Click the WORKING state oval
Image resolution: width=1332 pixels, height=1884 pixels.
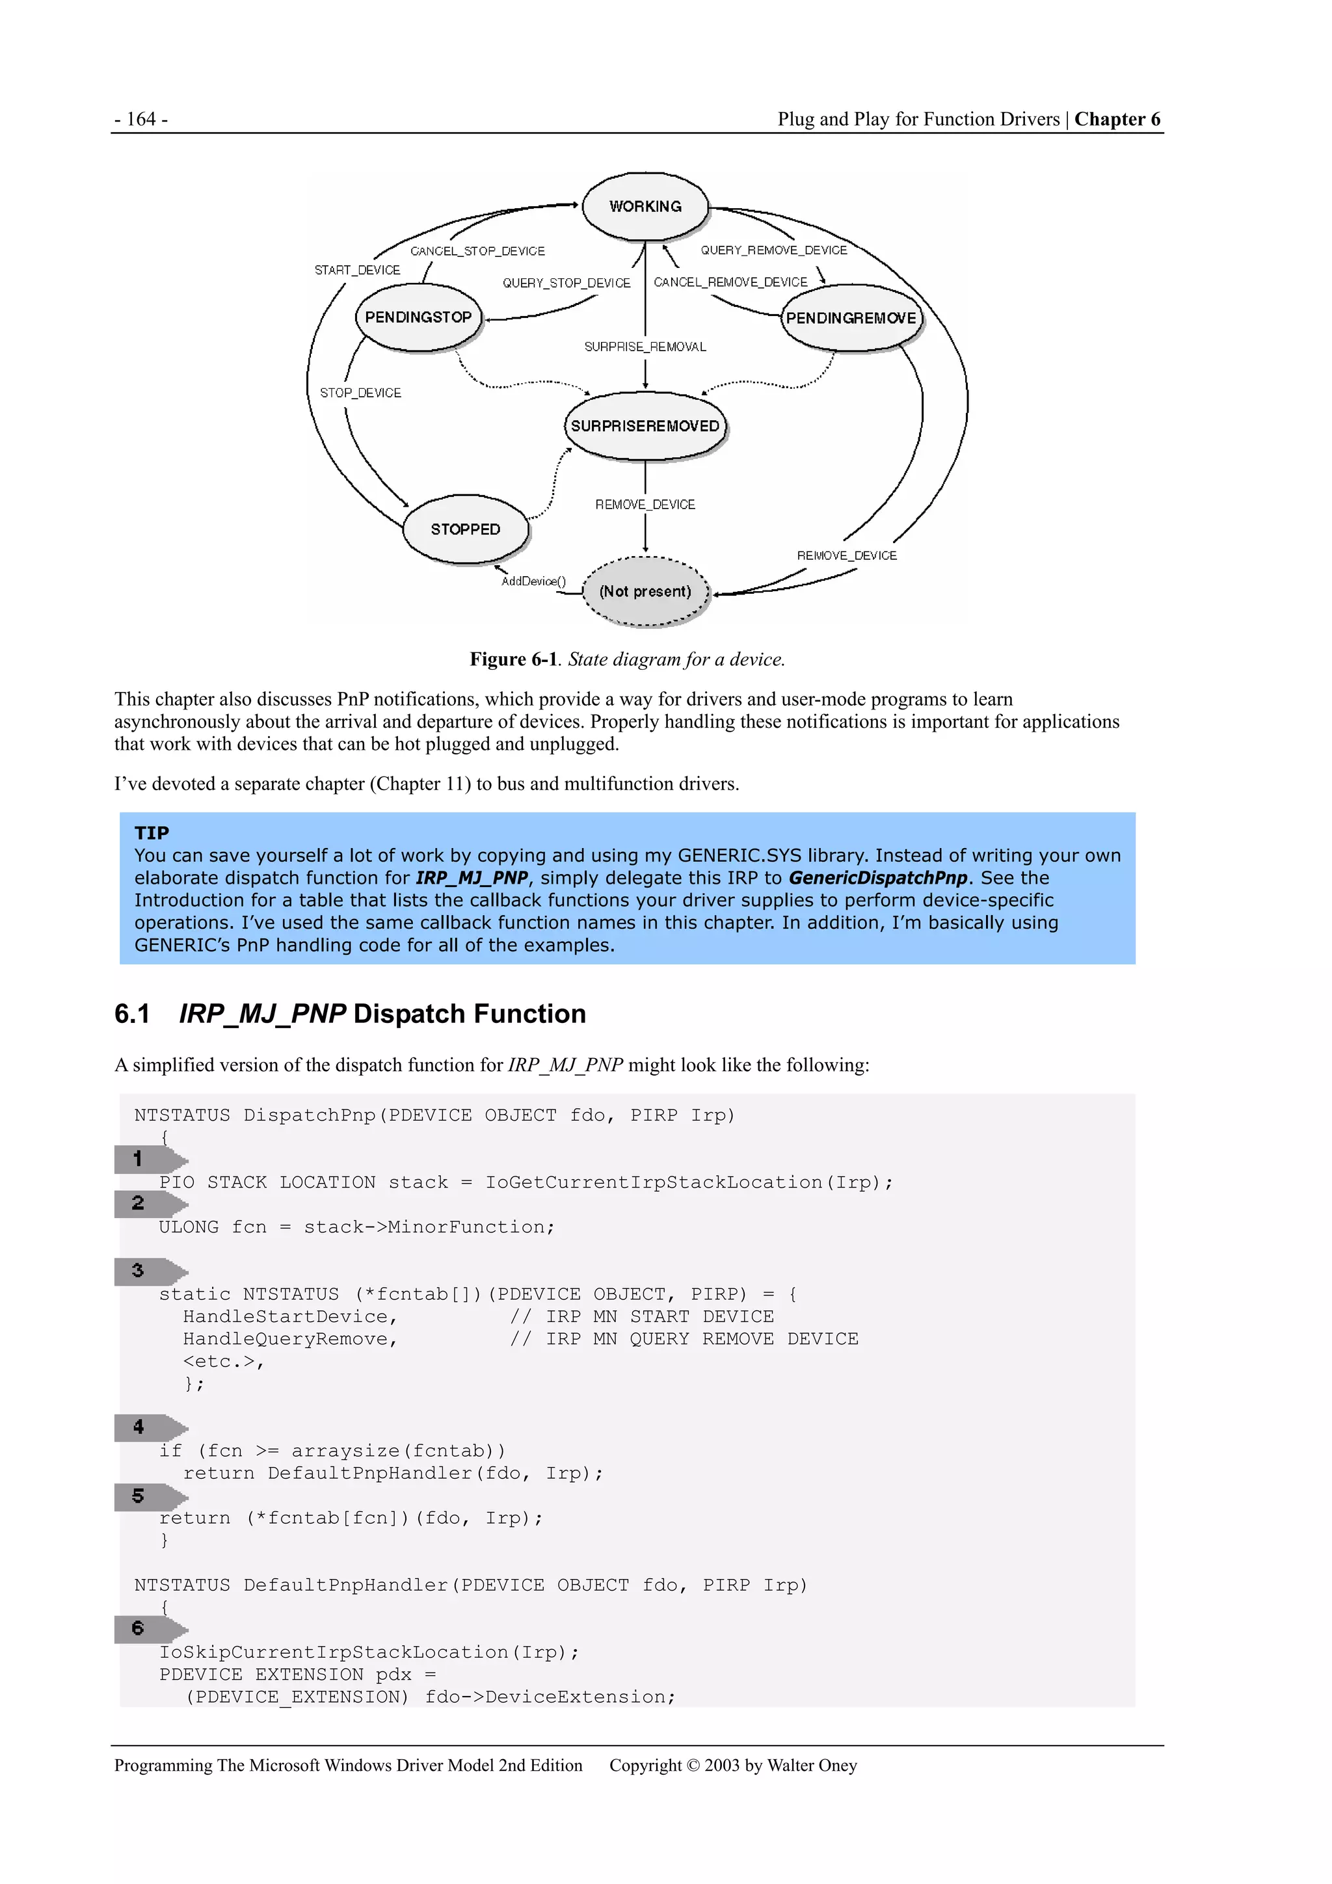645,206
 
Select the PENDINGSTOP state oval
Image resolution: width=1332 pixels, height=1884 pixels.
419,317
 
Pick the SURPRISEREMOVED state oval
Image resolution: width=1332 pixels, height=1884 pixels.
645,426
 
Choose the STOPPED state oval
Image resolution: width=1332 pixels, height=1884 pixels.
465,529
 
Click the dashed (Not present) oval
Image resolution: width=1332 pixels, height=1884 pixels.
645,592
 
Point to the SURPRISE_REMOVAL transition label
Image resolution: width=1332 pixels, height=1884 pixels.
645,347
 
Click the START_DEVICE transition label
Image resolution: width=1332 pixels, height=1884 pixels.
357,270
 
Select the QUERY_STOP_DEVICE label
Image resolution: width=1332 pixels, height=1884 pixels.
566,283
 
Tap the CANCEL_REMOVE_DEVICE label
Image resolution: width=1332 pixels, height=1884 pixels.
730,282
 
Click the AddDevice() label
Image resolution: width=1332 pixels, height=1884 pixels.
533,581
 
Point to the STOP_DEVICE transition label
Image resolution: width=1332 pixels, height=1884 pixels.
360,393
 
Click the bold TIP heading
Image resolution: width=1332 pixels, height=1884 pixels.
152,833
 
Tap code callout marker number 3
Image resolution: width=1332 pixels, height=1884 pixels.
138,1271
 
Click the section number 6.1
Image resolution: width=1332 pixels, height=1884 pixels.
132,1015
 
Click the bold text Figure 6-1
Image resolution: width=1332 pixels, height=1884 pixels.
513,659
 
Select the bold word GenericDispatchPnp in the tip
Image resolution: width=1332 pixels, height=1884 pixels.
877,878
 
